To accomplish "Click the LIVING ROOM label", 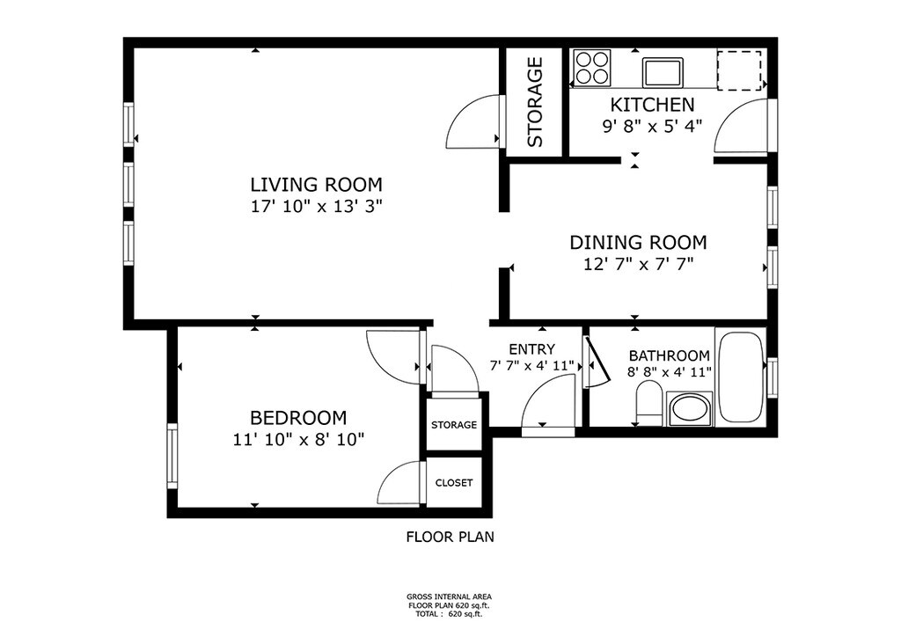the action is (316, 185).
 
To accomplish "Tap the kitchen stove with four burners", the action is (592, 68).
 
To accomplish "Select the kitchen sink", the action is (663, 72).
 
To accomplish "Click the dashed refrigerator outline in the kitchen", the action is (739, 70).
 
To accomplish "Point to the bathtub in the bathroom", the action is (740, 377).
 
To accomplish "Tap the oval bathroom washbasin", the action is (690, 409).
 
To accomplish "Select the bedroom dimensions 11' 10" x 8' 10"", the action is (299, 440).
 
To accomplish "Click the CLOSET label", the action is (454, 483).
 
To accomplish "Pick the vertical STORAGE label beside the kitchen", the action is (535, 102).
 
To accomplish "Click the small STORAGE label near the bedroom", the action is (454, 425).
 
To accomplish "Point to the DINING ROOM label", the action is (638, 242).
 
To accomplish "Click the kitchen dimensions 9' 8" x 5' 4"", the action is (652, 127).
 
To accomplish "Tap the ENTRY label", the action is (532, 349).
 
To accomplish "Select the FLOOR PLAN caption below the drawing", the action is (450, 538).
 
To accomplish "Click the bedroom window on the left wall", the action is (172, 456).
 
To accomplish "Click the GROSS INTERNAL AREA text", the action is (449, 597).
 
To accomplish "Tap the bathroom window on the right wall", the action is (773, 377).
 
